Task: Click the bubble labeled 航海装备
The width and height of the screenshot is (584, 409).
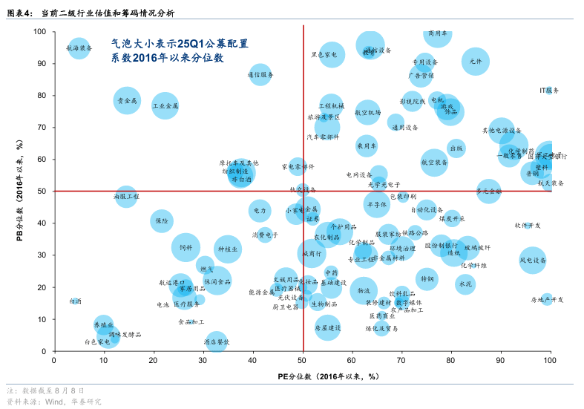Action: pos(79,48)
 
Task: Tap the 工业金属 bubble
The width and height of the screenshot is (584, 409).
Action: pos(165,106)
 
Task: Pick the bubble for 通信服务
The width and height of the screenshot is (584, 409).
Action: pos(260,74)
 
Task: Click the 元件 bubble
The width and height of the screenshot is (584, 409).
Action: pos(476,62)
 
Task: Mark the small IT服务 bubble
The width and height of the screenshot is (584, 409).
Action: pos(549,90)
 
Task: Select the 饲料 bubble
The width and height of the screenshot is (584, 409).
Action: pos(186,248)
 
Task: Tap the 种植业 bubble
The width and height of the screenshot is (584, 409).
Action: pos(228,250)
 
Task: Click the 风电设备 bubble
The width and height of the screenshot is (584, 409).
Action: pos(533,261)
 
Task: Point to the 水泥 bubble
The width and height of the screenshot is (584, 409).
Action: pos(465,284)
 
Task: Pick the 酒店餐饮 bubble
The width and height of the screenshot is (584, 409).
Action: pos(217,341)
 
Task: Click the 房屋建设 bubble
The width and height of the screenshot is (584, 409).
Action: pos(327,327)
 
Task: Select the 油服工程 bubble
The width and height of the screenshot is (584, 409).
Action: pos(127,197)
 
